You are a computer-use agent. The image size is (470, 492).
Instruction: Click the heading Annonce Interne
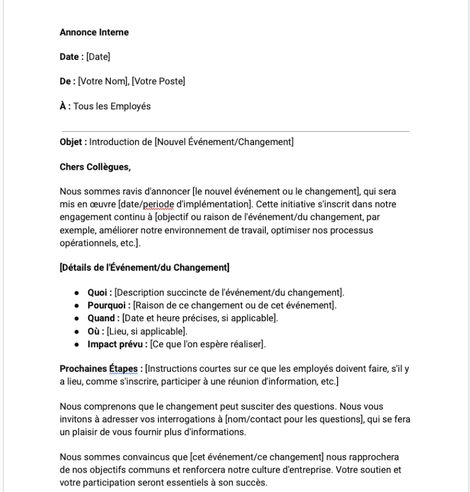point(94,33)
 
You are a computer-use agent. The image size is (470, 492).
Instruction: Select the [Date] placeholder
point(98,57)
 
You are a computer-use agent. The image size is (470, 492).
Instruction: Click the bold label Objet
point(72,142)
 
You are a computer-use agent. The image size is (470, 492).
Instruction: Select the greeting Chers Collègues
point(95,167)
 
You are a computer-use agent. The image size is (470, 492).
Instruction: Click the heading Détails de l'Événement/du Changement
point(145,268)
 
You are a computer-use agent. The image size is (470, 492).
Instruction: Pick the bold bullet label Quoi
point(98,293)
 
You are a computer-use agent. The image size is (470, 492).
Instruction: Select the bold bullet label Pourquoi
point(108,305)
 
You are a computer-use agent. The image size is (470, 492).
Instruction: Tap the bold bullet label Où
point(95,331)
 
